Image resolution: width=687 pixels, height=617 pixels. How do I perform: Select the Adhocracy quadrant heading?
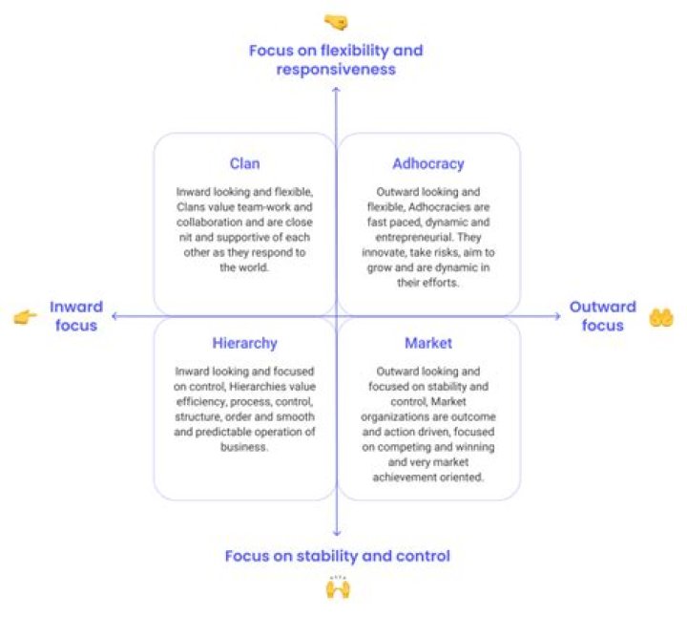point(428,163)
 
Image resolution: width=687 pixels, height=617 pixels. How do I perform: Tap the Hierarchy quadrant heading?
point(245,343)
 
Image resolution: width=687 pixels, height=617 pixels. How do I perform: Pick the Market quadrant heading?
point(428,343)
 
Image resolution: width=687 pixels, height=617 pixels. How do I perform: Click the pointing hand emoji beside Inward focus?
point(25,317)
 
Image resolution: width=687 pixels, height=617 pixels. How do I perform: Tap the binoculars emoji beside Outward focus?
point(661,317)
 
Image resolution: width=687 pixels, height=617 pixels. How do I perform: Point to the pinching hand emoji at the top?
point(335,20)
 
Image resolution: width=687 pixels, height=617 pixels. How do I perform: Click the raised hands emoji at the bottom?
point(337,586)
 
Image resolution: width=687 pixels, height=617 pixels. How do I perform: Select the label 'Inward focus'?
point(74,316)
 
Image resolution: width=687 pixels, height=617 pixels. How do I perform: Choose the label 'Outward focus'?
point(602,316)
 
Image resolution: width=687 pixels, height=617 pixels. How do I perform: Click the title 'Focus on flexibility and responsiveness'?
point(335,59)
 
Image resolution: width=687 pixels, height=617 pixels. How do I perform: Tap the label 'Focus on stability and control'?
point(337,555)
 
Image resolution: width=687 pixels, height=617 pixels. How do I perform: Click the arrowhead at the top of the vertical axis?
point(336,89)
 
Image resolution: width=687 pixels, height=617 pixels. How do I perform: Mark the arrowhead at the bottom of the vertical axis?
point(336,533)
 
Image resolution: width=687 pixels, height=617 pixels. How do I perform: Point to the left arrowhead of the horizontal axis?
point(114,314)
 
